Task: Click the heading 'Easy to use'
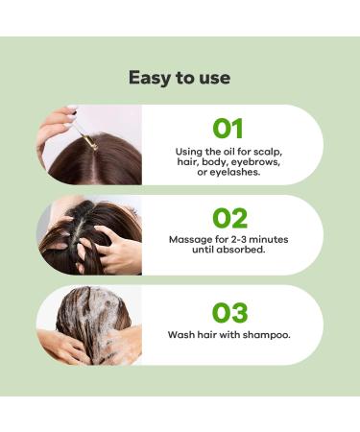coord(180,78)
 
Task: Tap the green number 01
coord(228,129)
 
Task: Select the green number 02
coord(229,218)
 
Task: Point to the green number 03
coord(229,313)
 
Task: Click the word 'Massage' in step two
coord(190,238)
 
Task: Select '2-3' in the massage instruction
coord(236,238)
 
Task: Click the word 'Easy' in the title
coord(150,78)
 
